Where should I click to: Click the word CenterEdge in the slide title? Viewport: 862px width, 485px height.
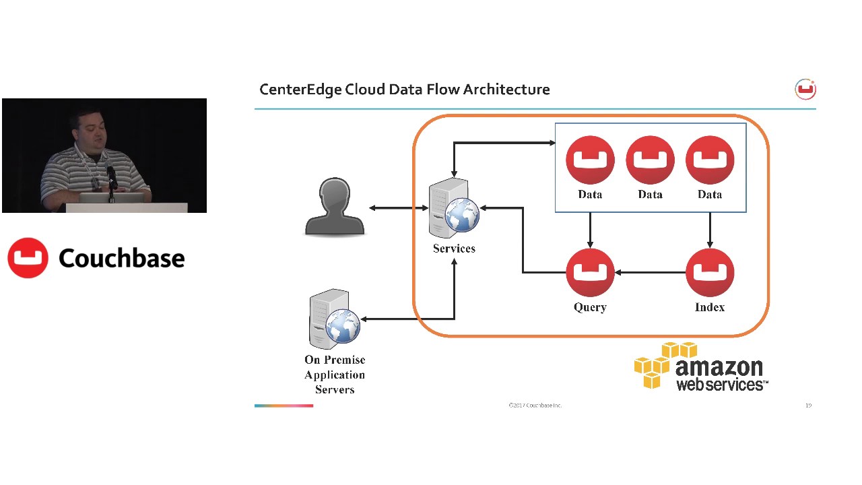(x=300, y=90)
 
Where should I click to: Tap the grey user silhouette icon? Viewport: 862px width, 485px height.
(x=335, y=207)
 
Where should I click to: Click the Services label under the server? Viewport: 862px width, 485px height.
(x=454, y=249)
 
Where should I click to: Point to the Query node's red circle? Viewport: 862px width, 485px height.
(x=590, y=272)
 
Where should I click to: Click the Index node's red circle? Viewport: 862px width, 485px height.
(x=709, y=272)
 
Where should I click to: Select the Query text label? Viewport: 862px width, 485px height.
(x=590, y=307)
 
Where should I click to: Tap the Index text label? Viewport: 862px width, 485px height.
(x=709, y=307)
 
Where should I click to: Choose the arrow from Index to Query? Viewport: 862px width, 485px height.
(x=650, y=273)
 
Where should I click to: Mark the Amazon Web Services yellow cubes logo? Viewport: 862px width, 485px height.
(x=657, y=364)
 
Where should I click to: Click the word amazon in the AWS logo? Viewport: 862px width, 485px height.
(x=719, y=367)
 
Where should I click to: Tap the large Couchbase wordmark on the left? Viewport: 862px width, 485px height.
(x=121, y=258)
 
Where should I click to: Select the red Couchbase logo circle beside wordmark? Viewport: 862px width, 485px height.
(x=28, y=258)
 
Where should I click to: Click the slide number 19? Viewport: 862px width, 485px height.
(x=808, y=406)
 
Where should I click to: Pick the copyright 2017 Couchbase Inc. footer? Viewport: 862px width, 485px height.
(x=535, y=406)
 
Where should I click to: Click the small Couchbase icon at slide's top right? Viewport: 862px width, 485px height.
(x=805, y=90)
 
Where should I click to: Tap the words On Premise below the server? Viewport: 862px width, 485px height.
(x=335, y=360)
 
